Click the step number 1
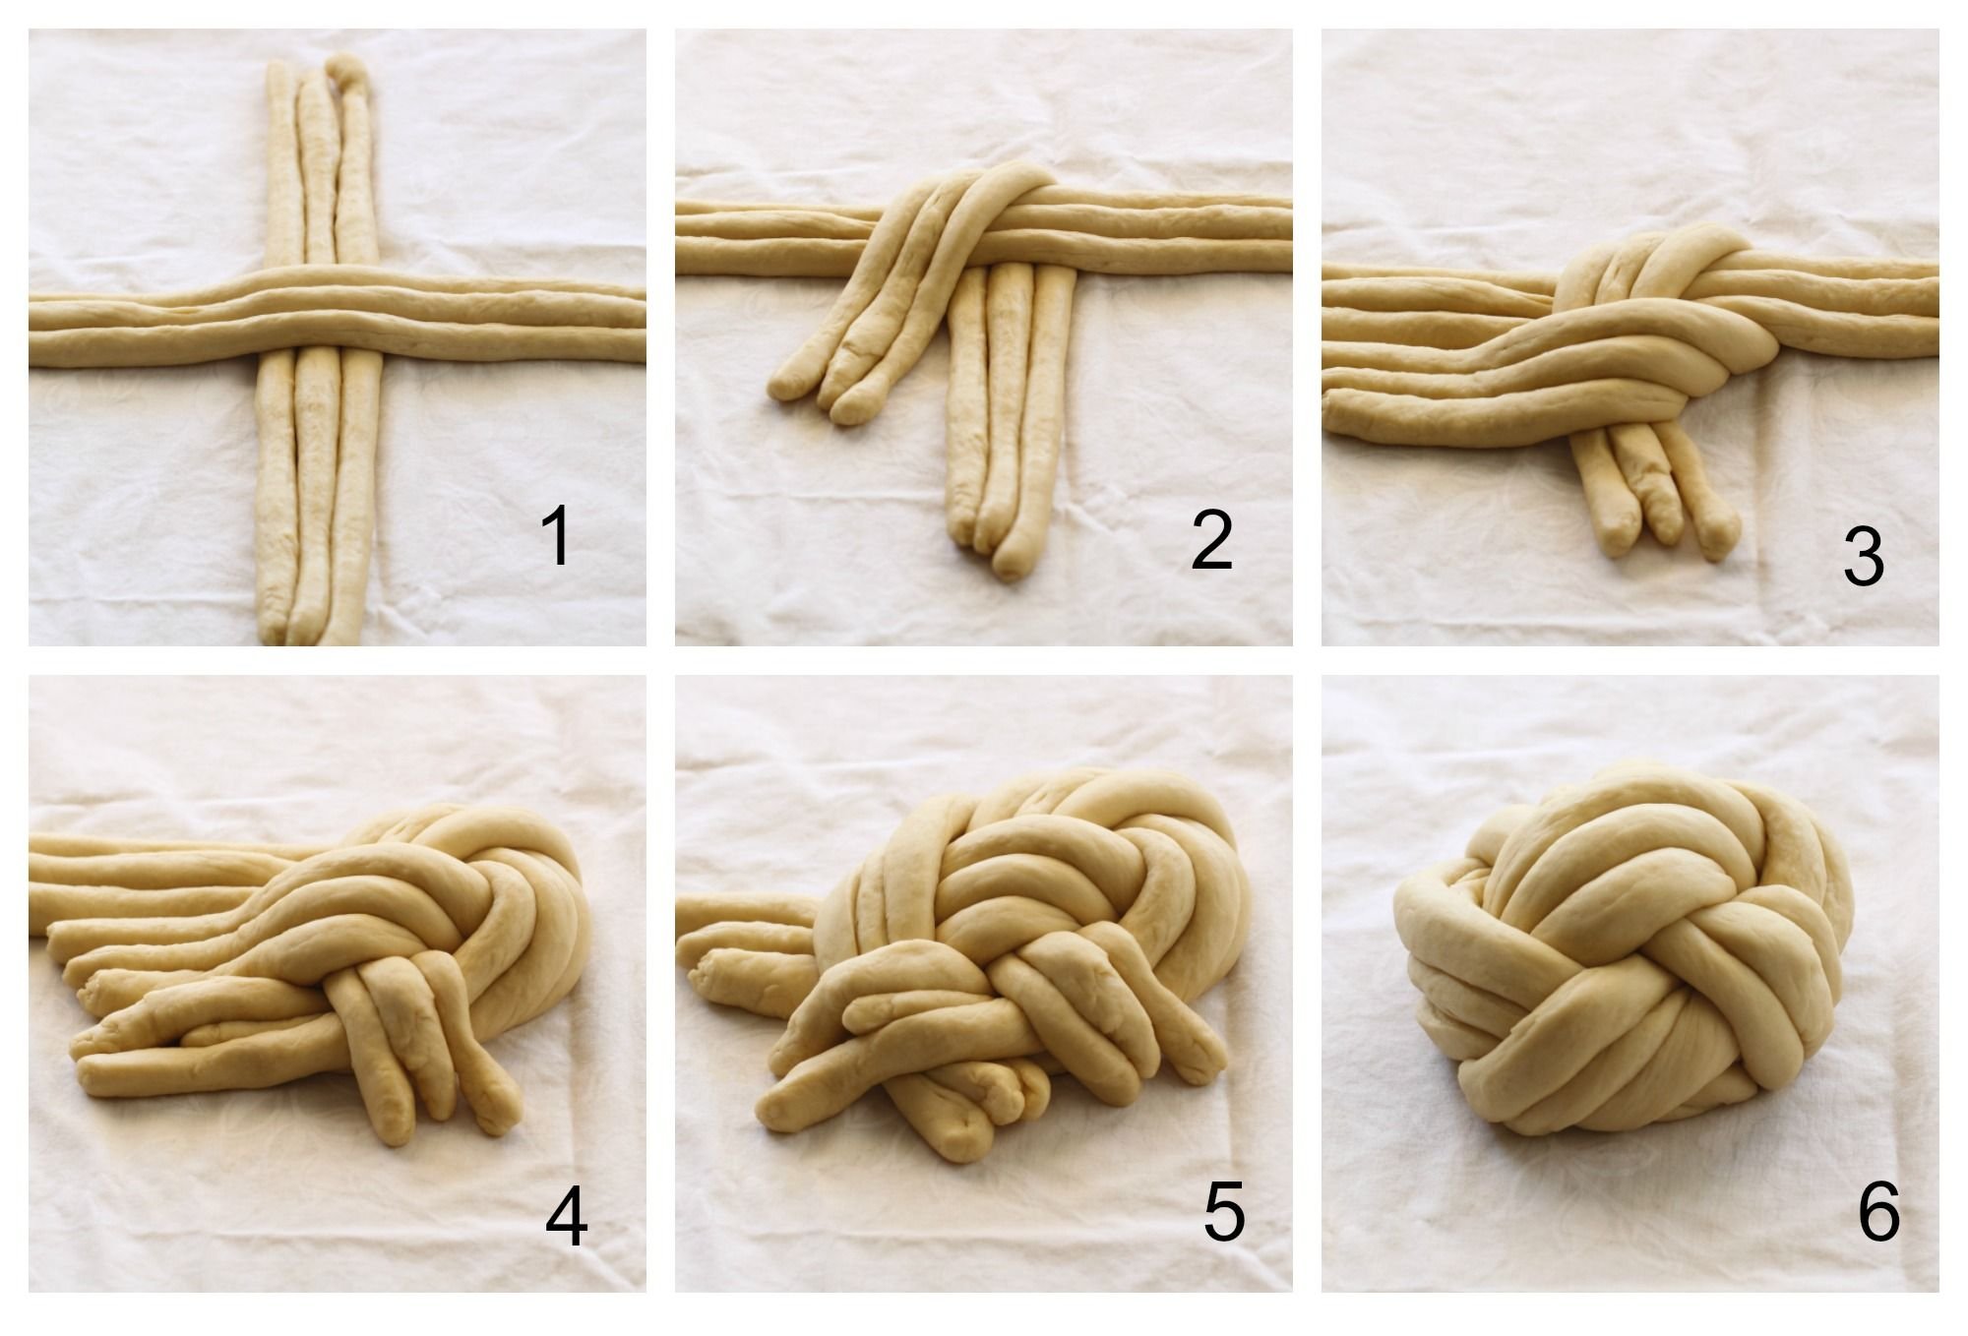coord(556,536)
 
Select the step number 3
coord(1863,557)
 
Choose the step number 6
coord(1877,1211)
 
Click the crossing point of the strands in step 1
coord(320,315)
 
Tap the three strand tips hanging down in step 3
coord(1663,521)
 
